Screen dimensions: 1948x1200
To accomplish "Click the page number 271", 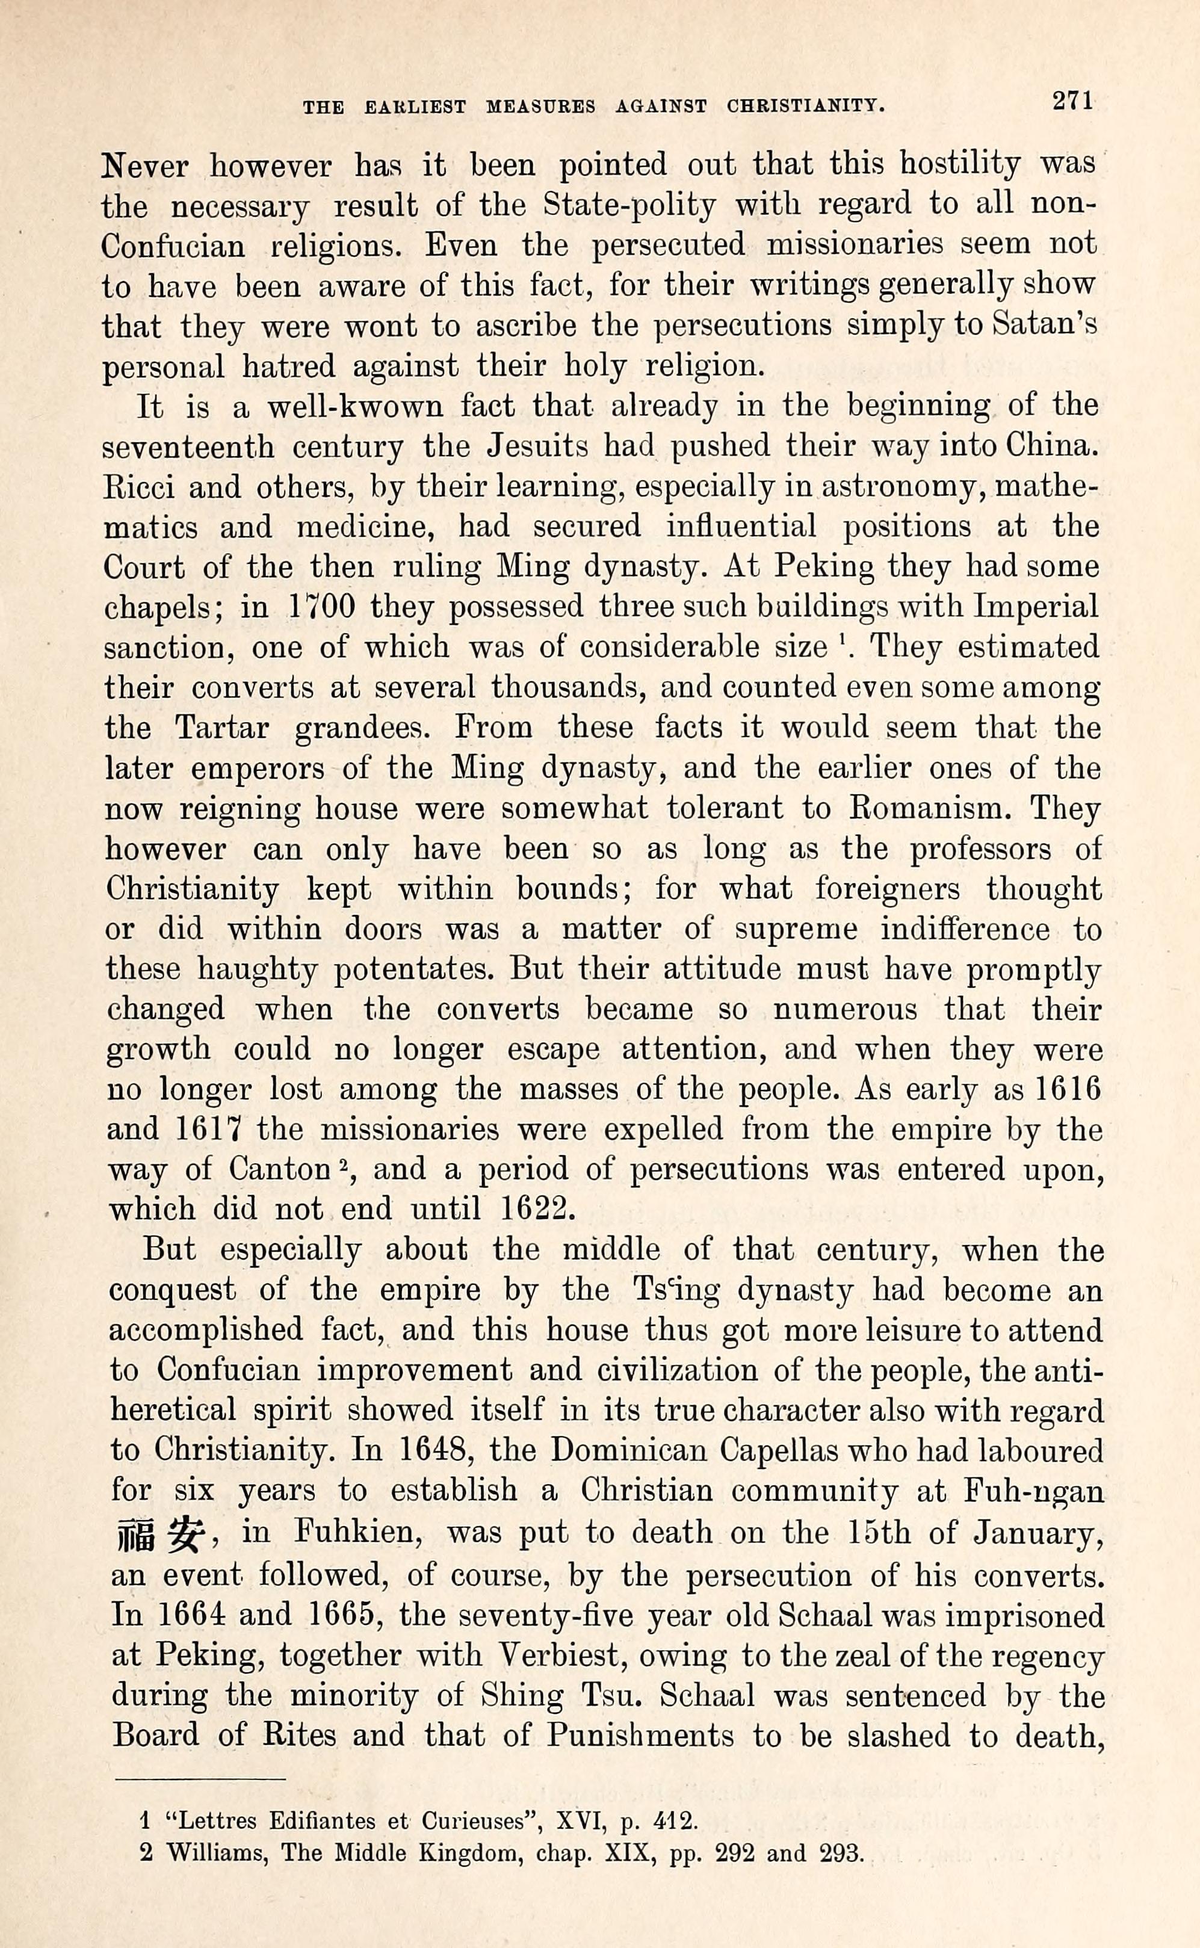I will click(x=1072, y=102).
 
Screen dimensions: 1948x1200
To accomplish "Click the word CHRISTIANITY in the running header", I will click(x=806, y=107).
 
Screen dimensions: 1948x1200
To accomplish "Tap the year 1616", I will click(x=1069, y=1089).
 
